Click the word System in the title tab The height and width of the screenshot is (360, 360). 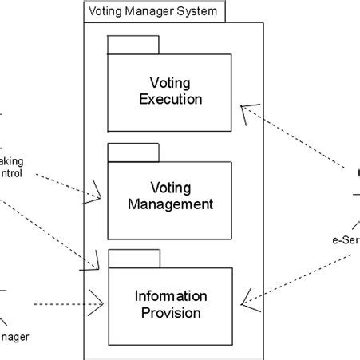[199, 12]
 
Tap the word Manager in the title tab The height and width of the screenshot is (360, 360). [152, 12]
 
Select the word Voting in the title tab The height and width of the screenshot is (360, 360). [105, 12]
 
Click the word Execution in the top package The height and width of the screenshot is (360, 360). [170, 99]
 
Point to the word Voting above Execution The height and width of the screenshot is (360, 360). [170, 82]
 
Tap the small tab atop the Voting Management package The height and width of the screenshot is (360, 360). [133, 152]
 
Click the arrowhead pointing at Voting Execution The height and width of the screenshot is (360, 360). [248, 108]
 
